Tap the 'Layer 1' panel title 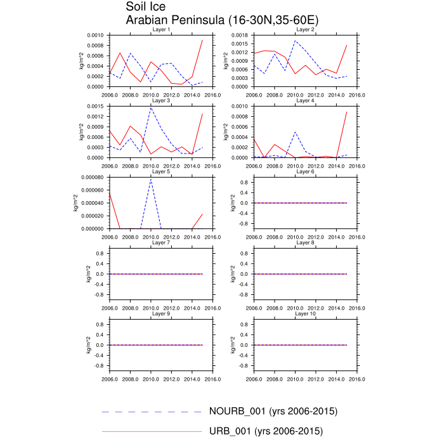(161, 29)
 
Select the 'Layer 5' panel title (161, 171)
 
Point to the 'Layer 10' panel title (305, 313)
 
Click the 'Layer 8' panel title (305, 242)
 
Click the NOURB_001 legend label (273, 411)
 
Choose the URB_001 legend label (266, 431)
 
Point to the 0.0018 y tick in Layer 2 (240, 36)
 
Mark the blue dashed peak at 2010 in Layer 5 (151, 178)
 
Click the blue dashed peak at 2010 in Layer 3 (151, 108)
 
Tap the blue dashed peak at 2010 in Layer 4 (295, 132)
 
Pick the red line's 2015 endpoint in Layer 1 (202, 40)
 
